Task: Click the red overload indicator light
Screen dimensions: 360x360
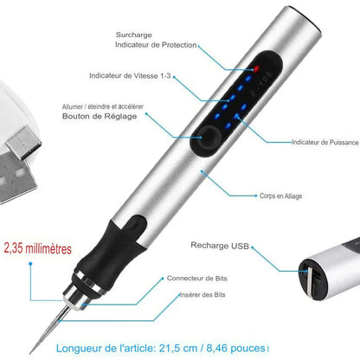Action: click(x=256, y=68)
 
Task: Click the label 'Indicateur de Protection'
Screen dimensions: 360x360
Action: click(x=156, y=45)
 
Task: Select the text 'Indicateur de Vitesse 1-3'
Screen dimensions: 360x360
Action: click(x=130, y=76)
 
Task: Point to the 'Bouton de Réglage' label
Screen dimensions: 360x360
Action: click(x=100, y=116)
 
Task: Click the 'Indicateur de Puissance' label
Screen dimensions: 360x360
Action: click(x=325, y=142)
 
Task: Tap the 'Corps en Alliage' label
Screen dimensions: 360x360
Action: click(x=280, y=196)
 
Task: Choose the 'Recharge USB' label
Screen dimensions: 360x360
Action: click(x=220, y=246)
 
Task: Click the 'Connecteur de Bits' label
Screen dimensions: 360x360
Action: click(x=197, y=279)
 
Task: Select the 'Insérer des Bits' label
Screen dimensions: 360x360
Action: click(x=202, y=295)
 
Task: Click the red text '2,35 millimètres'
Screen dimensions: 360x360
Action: click(x=38, y=248)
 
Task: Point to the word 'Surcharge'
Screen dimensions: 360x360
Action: click(x=134, y=35)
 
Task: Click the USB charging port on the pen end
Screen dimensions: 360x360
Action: click(x=312, y=279)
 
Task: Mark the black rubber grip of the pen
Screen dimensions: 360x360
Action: click(x=115, y=248)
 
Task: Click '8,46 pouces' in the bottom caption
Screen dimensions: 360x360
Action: click(x=235, y=348)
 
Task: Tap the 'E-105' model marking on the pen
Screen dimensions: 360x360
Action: click(x=261, y=84)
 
